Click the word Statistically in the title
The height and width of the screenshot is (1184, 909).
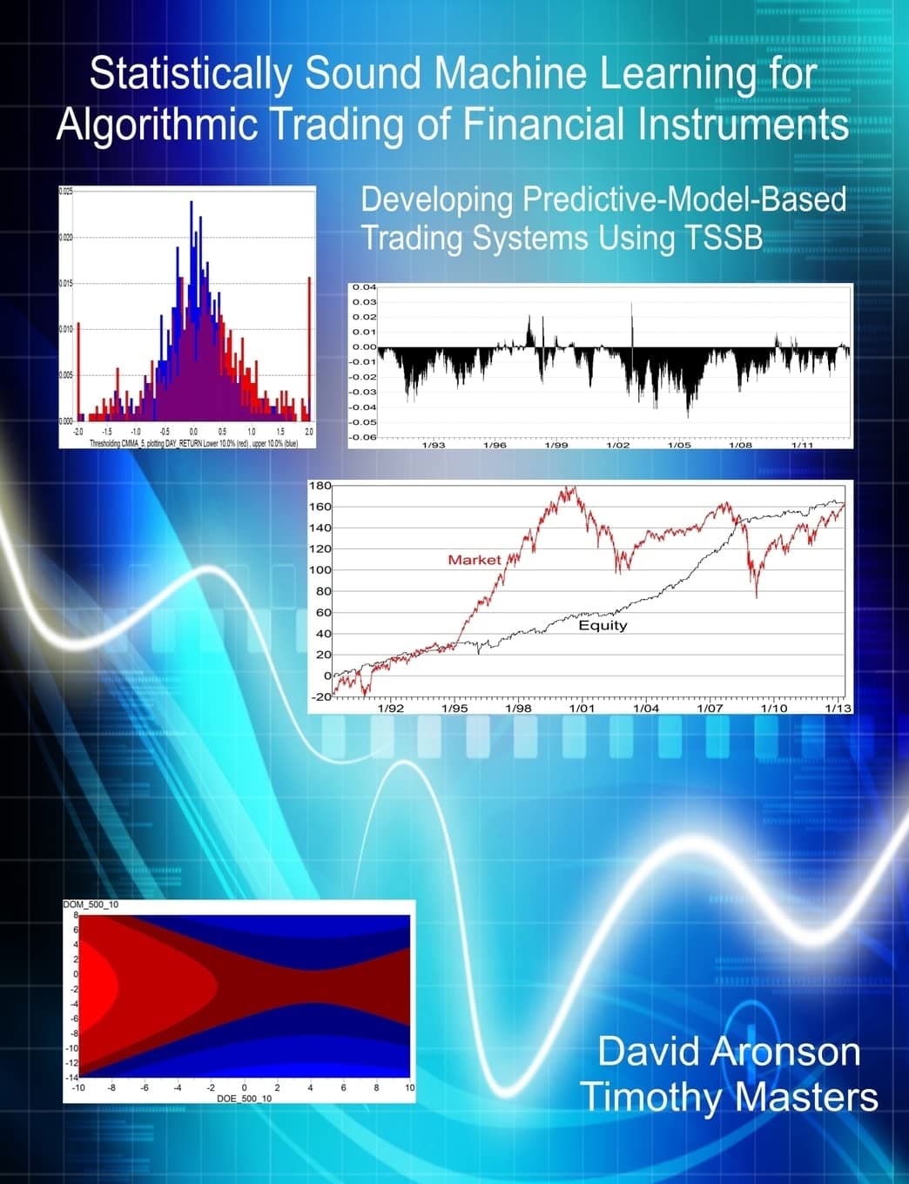pos(190,75)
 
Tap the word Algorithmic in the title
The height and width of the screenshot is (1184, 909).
pos(157,124)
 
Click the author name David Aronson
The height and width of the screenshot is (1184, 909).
pos(729,1052)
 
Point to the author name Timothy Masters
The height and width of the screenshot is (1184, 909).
pos(729,1097)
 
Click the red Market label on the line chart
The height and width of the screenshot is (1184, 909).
pos(475,560)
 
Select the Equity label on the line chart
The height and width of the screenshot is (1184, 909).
pos(603,625)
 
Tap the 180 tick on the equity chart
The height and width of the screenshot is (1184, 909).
pos(320,486)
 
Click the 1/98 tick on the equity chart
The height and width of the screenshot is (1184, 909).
pos(518,709)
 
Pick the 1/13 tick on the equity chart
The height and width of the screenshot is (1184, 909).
pos(838,709)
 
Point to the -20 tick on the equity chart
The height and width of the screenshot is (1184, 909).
pos(320,696)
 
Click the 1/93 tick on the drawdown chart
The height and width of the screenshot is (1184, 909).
pos(434,445)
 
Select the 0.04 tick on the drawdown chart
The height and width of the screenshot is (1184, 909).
pos(364,286)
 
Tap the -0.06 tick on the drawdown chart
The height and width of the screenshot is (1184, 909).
pos(362,436)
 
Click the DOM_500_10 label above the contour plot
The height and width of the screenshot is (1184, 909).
pos(91,905)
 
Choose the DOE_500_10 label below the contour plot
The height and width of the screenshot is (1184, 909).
pos(244,1099)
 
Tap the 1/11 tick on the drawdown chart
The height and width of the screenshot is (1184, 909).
pos(802,445)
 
